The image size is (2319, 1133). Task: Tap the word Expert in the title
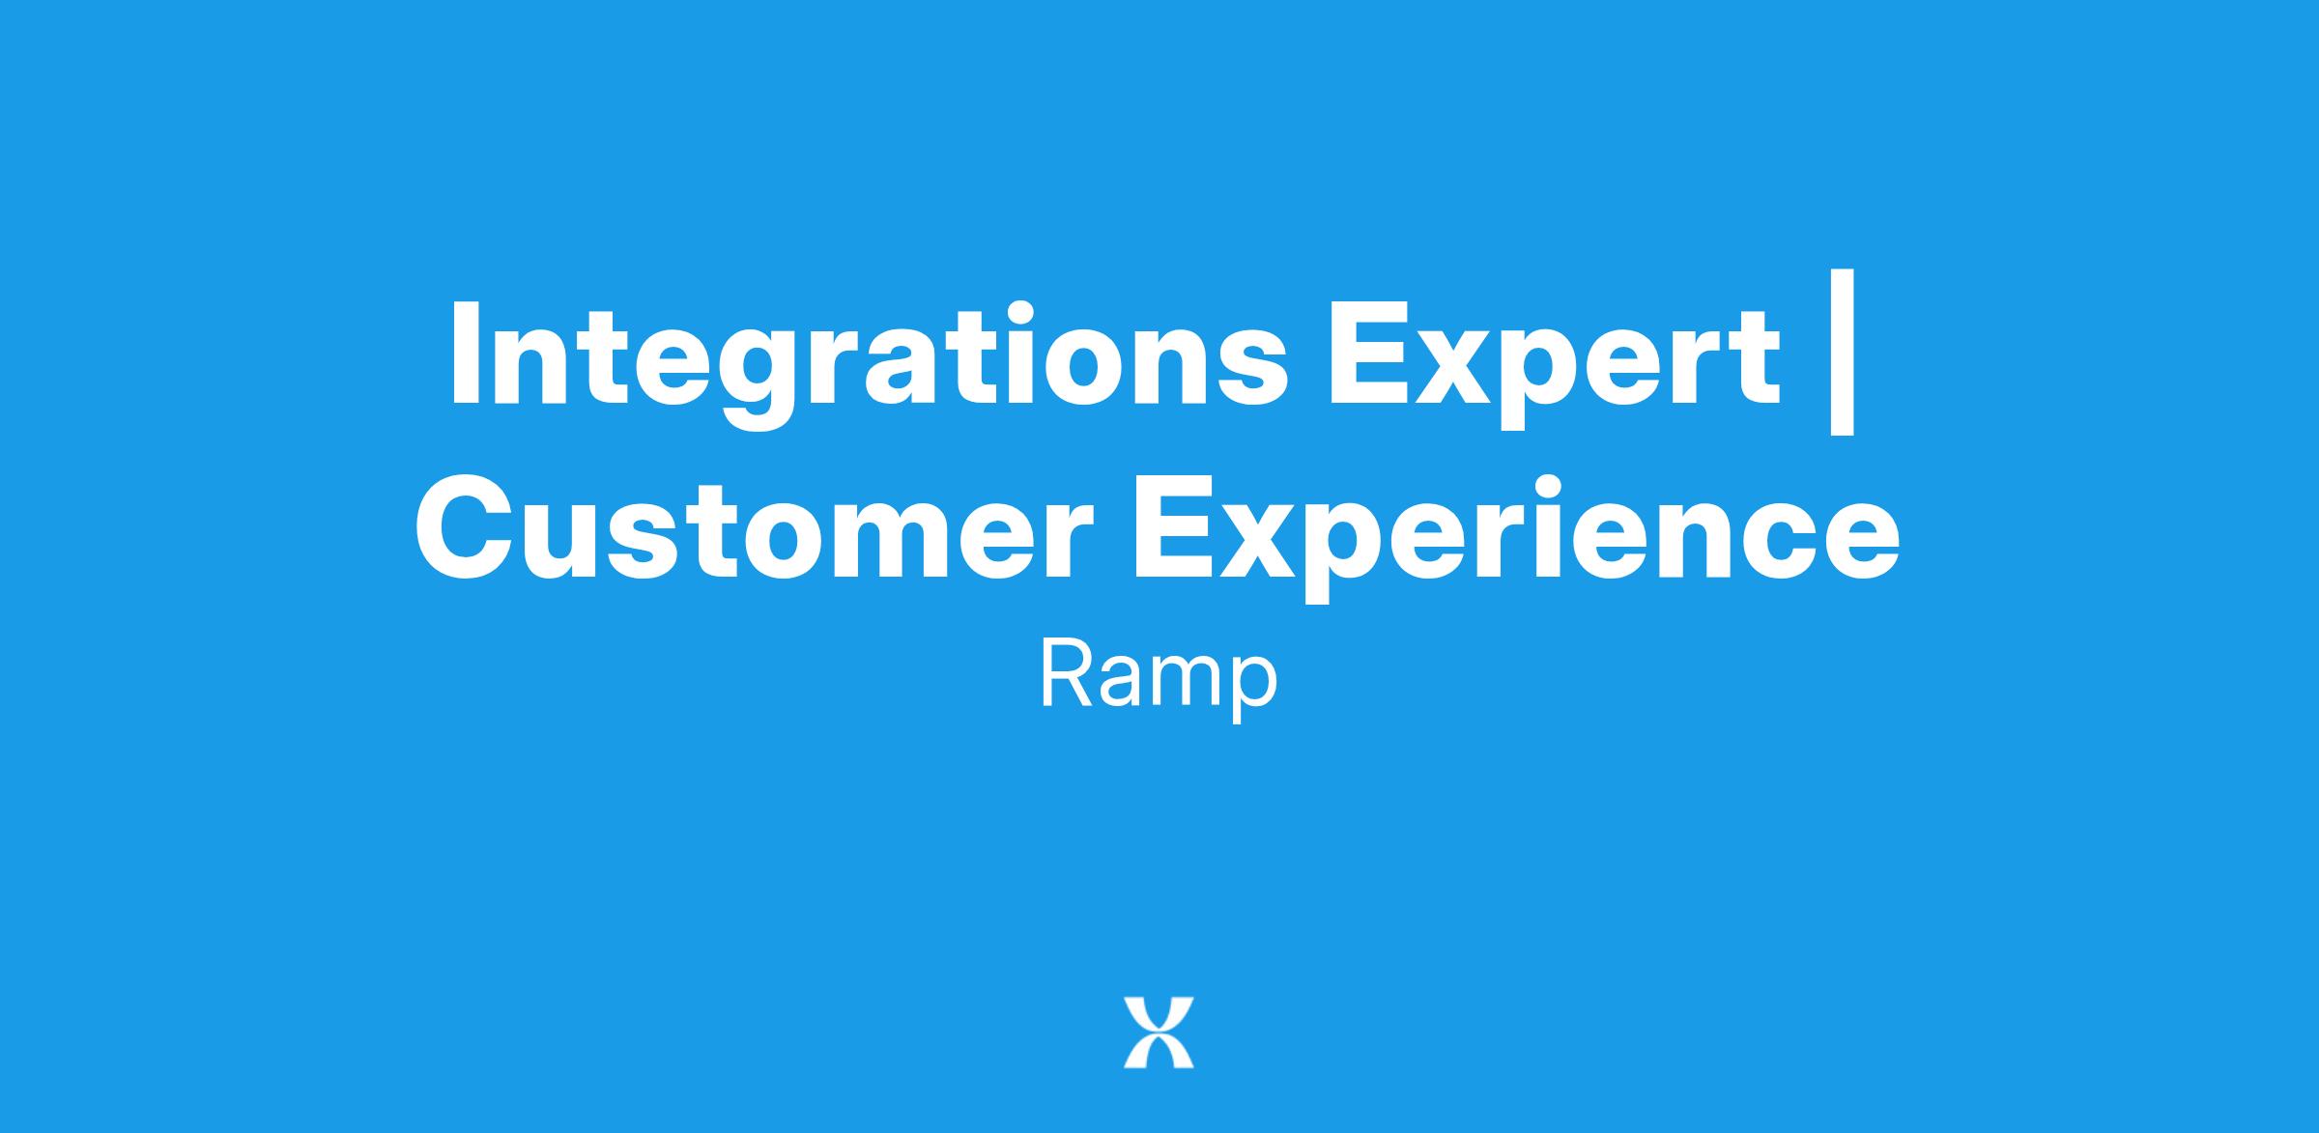[x=1554, y=367]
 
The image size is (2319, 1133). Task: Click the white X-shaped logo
[x=1159, y=1033]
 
